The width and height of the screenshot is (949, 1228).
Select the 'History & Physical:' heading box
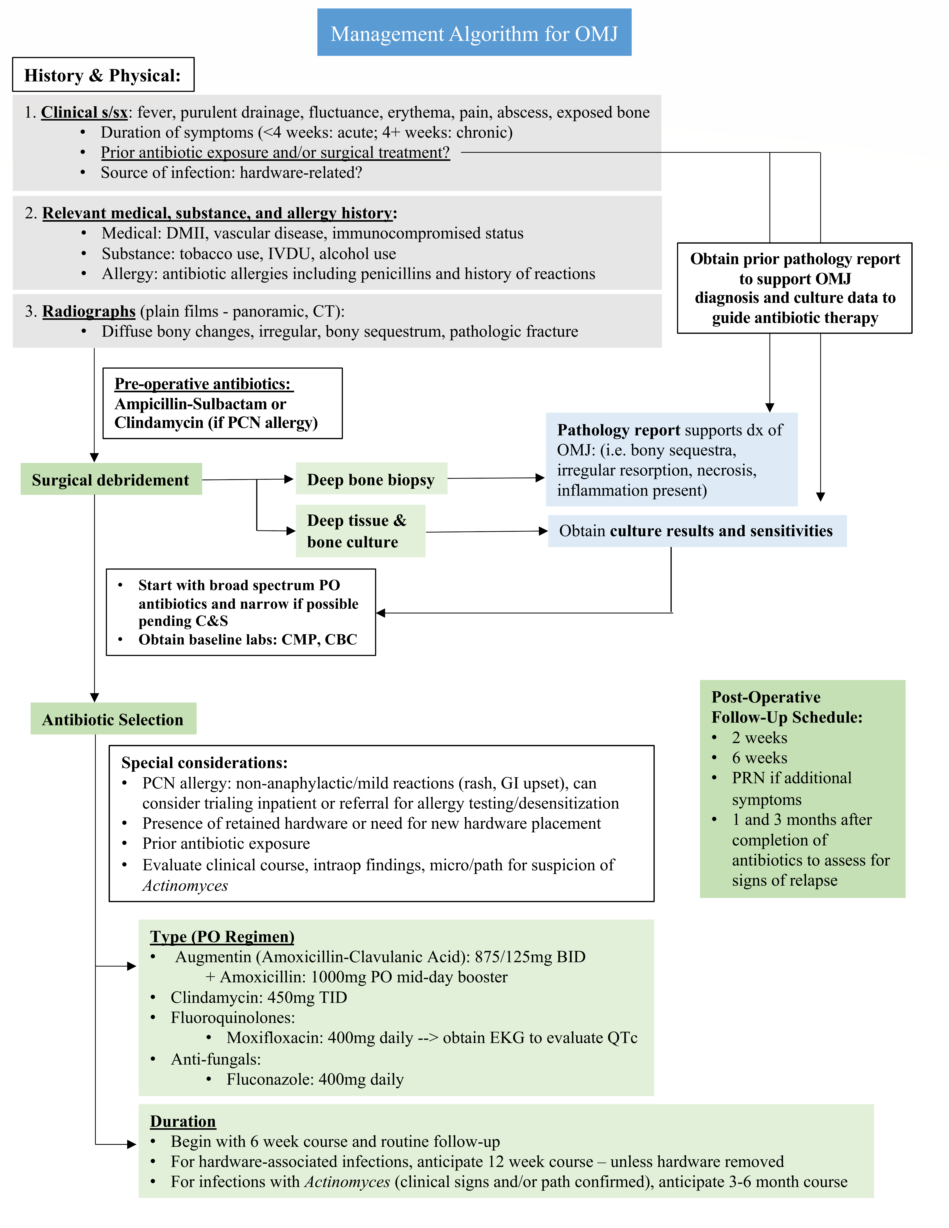pyautogui.click(x=103, y=75)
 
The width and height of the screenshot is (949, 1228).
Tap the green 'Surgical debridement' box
pyautogui.click(x=111, y=480)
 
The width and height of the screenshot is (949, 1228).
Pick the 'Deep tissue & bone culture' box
pyautogui.click(x=360, y=531)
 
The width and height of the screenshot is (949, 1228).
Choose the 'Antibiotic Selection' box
pyautogui.click(x=113, y=719)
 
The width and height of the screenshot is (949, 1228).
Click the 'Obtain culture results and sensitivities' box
pyautogui.click(x=696, y=531)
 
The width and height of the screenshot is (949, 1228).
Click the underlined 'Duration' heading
pyautogui.click(x=183, y=1121)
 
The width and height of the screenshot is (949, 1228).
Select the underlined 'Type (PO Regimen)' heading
pyautogui.click(x=222, y=936)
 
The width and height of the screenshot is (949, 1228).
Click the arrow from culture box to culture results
pyautogui.click(x=486, y=531)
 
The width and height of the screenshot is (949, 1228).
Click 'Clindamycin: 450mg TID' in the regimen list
pyautogui.click(x=259, y=997)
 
